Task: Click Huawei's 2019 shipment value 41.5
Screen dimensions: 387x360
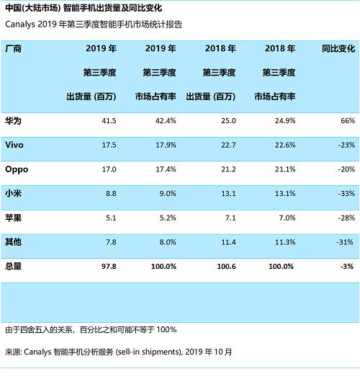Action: click(109, 120)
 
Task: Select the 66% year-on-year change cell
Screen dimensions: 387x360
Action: click(346, 120)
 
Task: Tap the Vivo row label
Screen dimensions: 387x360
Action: click(14, 145)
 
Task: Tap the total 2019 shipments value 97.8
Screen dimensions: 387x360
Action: click(109, 266)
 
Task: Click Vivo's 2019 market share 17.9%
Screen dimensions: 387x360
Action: click(166, 145)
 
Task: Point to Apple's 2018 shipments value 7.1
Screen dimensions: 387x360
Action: click(230, 218)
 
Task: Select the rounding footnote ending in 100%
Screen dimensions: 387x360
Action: click(90, 329)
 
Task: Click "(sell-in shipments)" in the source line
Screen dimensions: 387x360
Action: click(147, 352)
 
